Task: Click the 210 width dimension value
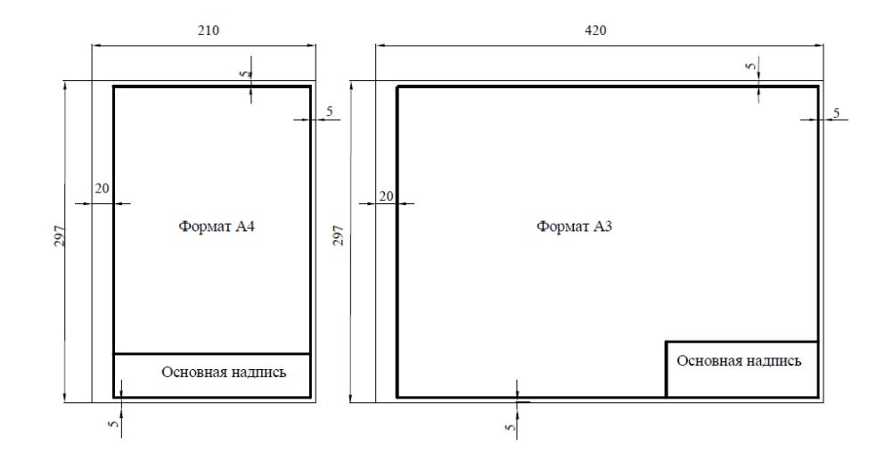[208, 30]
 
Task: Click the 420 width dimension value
[595, 30]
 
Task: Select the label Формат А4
[217, 226]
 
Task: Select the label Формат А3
[574, 226]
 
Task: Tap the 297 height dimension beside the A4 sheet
[60, 235]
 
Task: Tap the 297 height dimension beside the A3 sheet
[338, 235]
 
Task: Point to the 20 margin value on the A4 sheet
[102, 189]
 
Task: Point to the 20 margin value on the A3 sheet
[387, 196]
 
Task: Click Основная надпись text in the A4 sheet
[224, 373]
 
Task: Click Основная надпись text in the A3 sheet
[739, 360]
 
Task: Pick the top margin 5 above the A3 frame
[750, 65]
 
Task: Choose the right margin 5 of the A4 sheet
[330, 111]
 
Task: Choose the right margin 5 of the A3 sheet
[836, 112]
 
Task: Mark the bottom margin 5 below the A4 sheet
[114, 424]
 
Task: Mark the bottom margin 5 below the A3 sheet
[510, 427]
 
